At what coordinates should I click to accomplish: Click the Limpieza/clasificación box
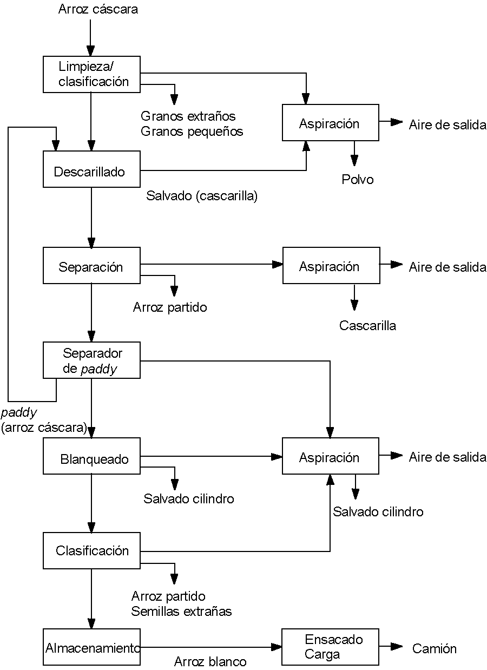pos(91,74)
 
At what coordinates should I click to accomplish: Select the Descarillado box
pos(91,172)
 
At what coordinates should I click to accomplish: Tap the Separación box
pos(91,266)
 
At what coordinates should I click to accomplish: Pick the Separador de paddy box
pos(91,360)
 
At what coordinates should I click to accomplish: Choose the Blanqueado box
pos(91,459)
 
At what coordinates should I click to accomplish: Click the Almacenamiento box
pos(91,648)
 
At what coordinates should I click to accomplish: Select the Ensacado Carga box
pos(330,647)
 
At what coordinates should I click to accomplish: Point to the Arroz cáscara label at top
pos(98,9)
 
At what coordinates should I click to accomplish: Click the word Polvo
pos(357,180)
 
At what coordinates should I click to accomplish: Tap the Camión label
pos(435,648)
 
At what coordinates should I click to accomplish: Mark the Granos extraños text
pos(188,116)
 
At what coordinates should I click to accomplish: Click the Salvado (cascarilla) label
pos(201,196)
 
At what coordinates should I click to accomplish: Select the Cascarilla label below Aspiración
pos(367,326)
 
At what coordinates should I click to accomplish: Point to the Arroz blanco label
pos(210,661)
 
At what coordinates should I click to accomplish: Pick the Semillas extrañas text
pos(181,612)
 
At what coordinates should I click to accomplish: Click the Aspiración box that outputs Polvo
pos(330,123)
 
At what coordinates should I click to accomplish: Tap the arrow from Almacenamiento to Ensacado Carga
pos(211,647)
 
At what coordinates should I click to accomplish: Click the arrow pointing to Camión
pos(392,646)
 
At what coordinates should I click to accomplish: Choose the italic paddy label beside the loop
pos(19,413)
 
